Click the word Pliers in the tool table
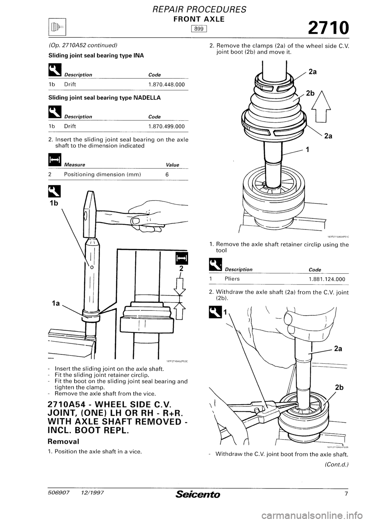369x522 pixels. tap(232, 279)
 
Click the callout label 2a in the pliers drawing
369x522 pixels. tap(339, 349)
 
